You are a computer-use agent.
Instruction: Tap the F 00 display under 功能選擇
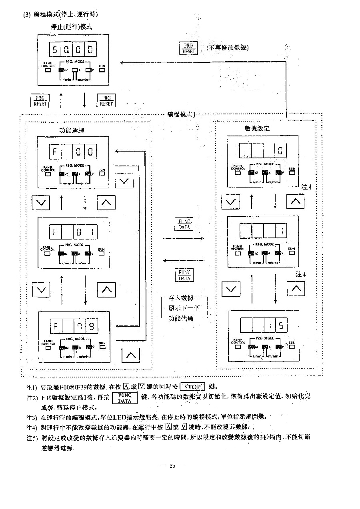72,152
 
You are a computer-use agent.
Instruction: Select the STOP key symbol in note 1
192,387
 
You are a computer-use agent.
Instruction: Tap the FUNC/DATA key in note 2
125,398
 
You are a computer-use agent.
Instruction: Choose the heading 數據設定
257,128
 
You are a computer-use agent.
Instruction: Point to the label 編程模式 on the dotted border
179,114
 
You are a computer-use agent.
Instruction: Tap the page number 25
173,465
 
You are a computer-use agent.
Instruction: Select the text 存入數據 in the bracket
181,298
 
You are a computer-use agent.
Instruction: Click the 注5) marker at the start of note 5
31,437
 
